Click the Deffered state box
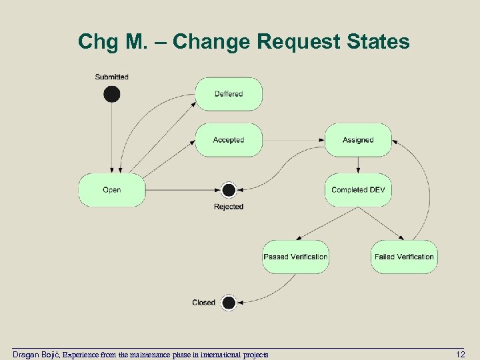(x=229, y=94)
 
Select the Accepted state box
(x=229, y=140)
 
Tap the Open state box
(x=112, y=190)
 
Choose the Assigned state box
(x=358, y=140)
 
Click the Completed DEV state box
(x=358, y=190)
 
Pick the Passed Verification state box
(x=295, y=257)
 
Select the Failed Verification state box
(x=404, y=257)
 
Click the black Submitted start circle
(x=112, y=94)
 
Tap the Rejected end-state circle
(x=229, y=190)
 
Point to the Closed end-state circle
(x=229, y=303)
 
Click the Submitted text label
(x=112, y=77)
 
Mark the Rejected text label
(x=229, y=207)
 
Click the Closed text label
(x=203, y=303)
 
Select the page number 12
(x=459, y=354)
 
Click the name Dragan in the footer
(x=26, y=355)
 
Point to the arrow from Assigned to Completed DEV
(x=358, y=165)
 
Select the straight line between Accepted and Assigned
(x=293, y=140)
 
